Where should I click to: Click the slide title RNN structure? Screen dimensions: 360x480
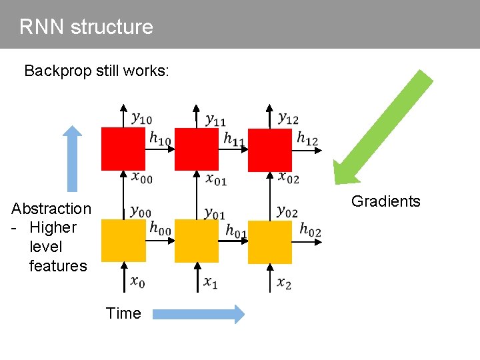pos(86,27)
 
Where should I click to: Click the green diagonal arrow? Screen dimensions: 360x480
pos(383,126)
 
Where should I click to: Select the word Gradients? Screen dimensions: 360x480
pos(385,201)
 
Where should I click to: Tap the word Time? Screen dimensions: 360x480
pos(123,313)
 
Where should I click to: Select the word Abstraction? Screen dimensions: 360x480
pos(51,209)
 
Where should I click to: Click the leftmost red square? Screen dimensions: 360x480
pos(123,149)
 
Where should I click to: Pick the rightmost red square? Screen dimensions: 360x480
pos(270,149)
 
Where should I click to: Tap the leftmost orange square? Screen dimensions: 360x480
pos(123,241)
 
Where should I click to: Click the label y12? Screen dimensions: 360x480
pos(289,119)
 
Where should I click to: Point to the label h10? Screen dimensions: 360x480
pos(160,139)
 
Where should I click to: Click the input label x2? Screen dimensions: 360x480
pos(285,283)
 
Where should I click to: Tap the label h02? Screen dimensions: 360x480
pos(309,230)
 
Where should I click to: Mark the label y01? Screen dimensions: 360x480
pos(215,213)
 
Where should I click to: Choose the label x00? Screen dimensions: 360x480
pos(141,177)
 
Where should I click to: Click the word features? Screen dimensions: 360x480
pos(58,266)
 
